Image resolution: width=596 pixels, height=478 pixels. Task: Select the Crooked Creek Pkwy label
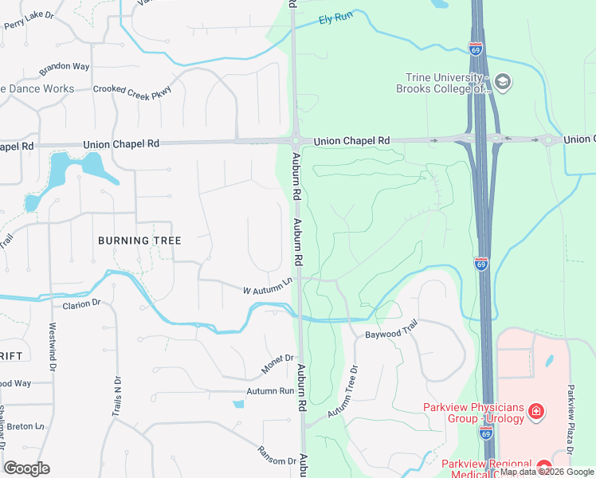pyautogui.click(x=131, y=90)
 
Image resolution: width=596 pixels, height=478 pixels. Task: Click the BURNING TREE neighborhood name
pyautogui.click(x=139, y=240)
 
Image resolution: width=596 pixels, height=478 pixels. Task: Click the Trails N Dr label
pyautogui.click(x=116, y=397)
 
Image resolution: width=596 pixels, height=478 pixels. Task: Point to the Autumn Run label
pyautogui.click(x=270, y=391)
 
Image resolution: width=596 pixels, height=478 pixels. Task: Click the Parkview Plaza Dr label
pyautogui.click(x=571, y=414)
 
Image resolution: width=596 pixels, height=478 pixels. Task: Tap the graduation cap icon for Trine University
pyautogui.click(x=503, y=81)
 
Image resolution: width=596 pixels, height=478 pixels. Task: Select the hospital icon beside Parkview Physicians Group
pyautogui.click(x=537, y=411)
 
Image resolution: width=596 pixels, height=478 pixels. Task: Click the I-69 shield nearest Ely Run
pyautogui.click(x=476, y=49)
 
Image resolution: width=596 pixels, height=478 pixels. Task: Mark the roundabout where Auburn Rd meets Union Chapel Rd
pyautogui.click(x=296, y=141)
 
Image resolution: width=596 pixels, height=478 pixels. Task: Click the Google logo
pyautogui.click(x=27, y=468)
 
